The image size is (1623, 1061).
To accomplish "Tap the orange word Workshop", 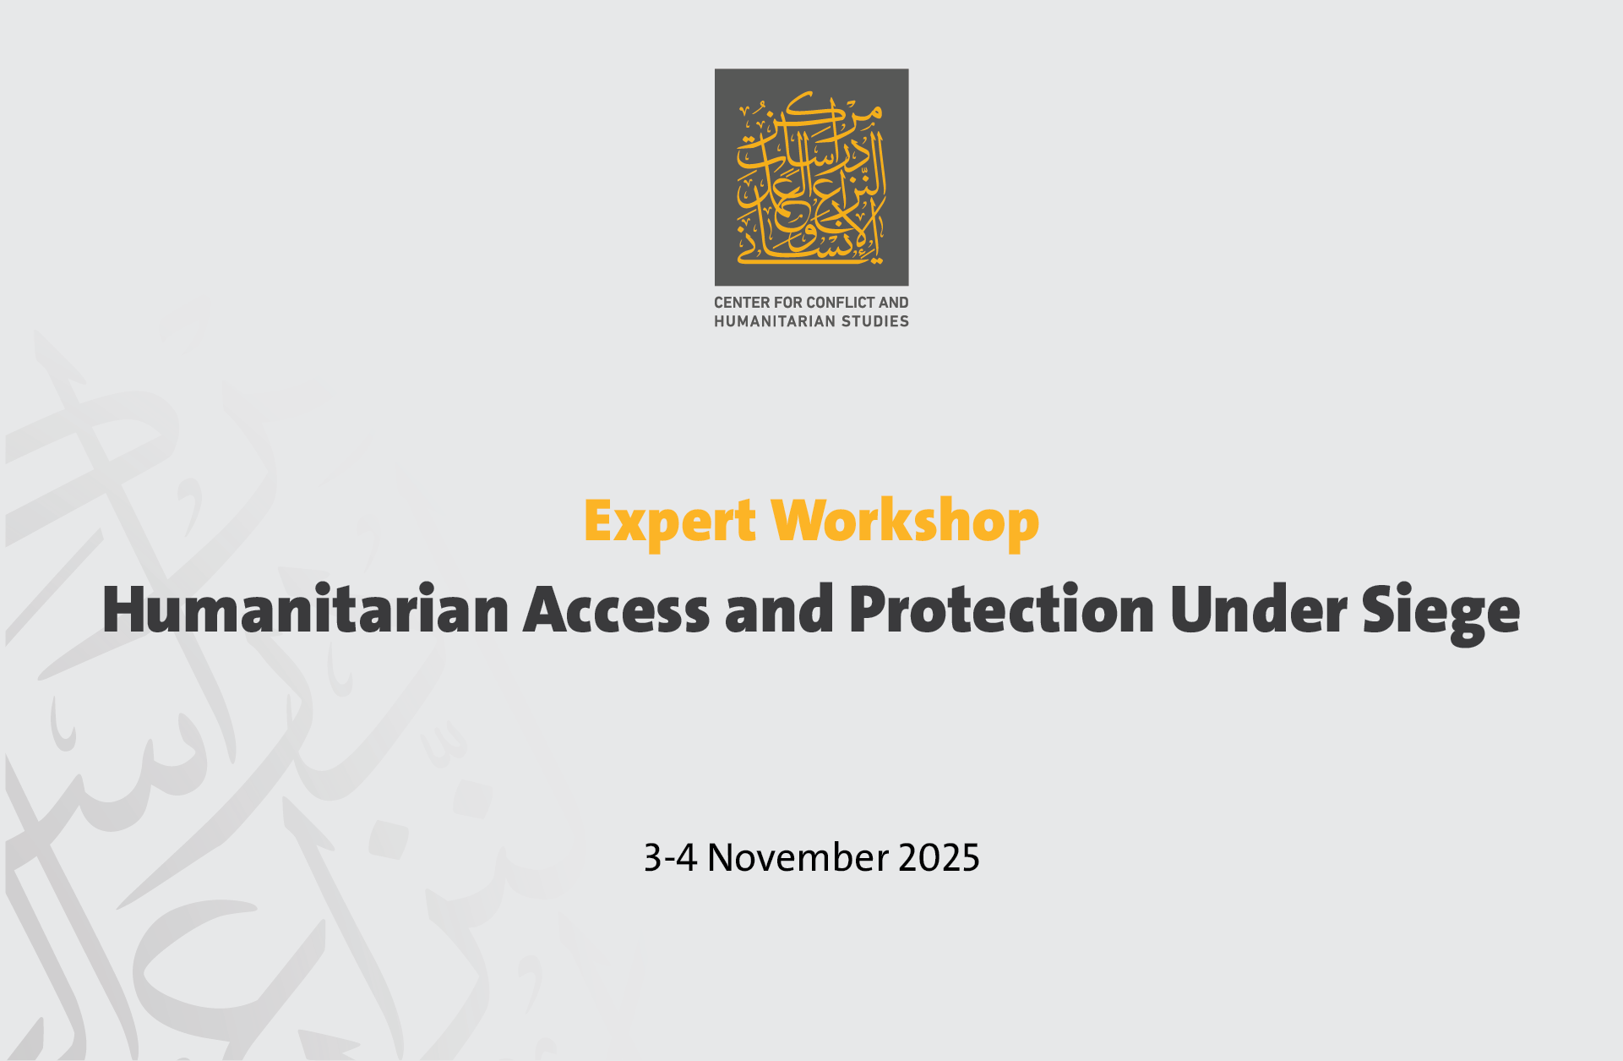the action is click(x=905, y=521).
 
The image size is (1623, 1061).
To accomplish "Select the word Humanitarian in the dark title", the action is click(x=305, y=609).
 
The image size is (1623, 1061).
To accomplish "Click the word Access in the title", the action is click(x=616, y=610).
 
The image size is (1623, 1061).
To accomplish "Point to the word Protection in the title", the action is click(x=1001, y=609).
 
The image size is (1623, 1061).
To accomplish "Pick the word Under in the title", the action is click(x=1259, y=609).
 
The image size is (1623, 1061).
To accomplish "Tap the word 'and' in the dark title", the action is click(x=779, y=609).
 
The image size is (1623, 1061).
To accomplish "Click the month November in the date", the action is click(x=798, y=857).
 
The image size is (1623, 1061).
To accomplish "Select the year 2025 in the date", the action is click(x=939, y=857).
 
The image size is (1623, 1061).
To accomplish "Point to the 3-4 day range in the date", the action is click(x=670, y=857).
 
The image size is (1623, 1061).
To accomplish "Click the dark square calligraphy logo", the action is click(x=811, y=177).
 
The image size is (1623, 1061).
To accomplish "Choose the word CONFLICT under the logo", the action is click(x=841, y=303).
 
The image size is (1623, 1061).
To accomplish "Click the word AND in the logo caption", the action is click(x=894, y=303).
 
